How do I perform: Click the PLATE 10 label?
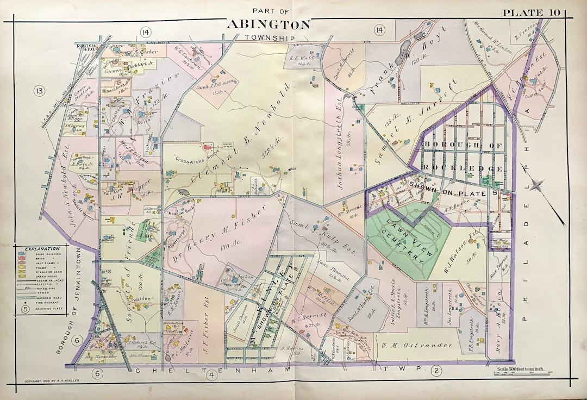[534, 12]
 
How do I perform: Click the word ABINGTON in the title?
[268, 24]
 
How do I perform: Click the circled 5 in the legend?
[25, 310]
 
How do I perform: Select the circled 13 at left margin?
[39, 90]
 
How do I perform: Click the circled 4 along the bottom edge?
[212, 373]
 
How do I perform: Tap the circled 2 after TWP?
[436, 371]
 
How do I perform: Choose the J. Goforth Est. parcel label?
[139, 343]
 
